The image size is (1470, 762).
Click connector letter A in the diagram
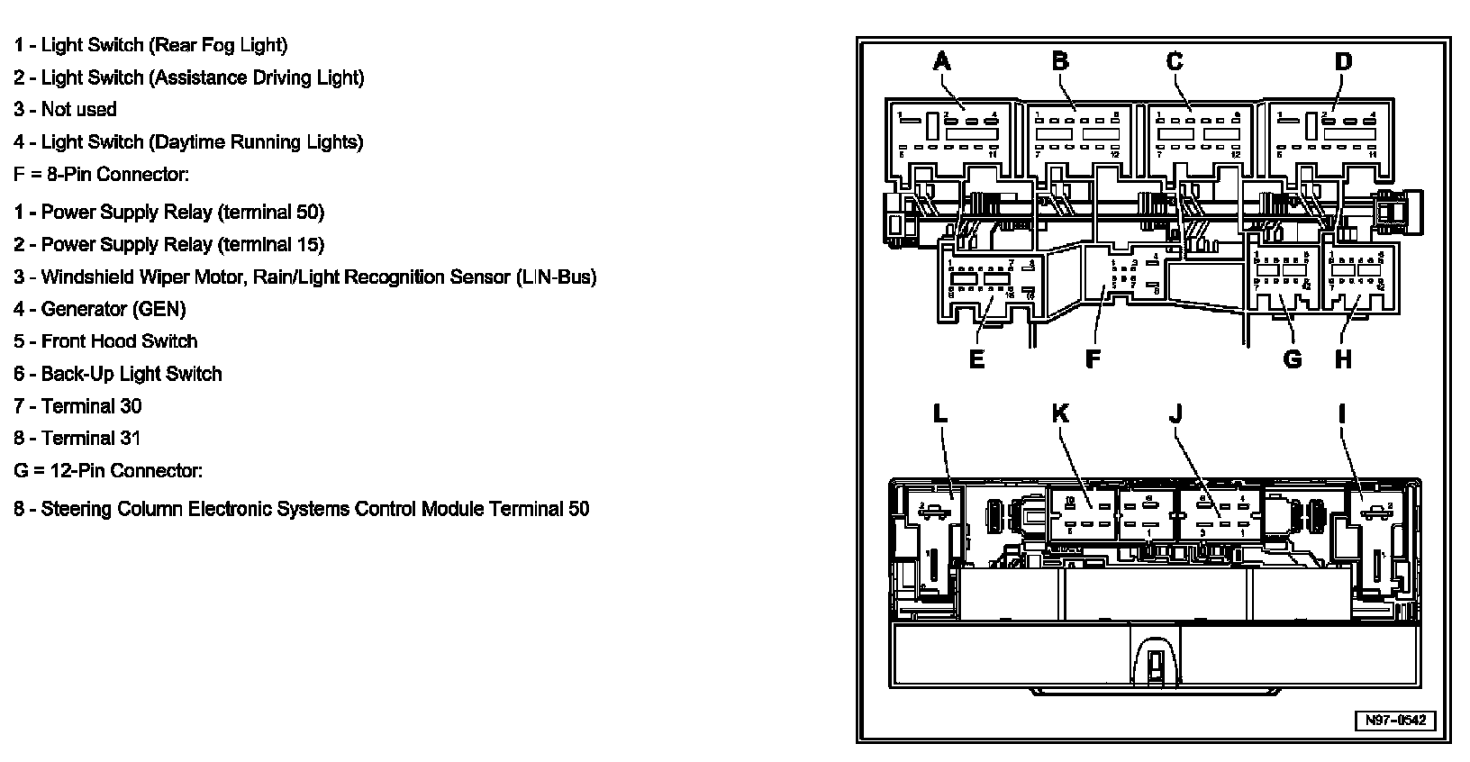(x=942, y=61)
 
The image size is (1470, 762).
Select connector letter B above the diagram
(x=1060, y=61)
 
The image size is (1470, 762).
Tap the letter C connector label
(x=1175, y=61)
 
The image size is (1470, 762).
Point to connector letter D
(x=1343, y=61)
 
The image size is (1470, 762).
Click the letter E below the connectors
(x=976, y=359)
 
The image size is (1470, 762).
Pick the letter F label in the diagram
(x=1093, y=359)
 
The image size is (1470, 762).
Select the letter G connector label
(x=1293, y=359)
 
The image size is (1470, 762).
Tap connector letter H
(x=1343, y=359)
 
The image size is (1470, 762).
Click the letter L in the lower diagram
(x=939, y=413)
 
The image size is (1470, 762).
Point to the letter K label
(x=1060, y=413)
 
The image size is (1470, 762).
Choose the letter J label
(x=1175, y=413)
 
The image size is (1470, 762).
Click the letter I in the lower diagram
(x=1342, y=413)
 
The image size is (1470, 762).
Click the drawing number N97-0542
(x=1395, y=721)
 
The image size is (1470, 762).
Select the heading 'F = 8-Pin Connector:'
(x=101, y=174)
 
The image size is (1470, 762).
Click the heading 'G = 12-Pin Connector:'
(x=108, y=470)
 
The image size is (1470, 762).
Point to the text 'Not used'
(x=78, y=109)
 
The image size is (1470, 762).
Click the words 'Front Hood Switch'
(x=119, y=341)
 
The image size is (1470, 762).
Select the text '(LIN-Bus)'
(x=557, y=277)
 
